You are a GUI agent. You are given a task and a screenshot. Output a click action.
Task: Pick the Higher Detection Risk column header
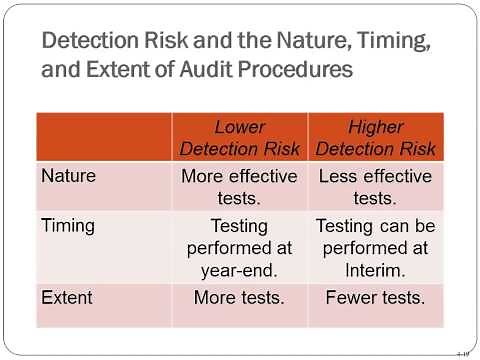click(x=375, y=138)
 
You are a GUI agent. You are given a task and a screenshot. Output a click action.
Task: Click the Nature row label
click(x=69, y=175)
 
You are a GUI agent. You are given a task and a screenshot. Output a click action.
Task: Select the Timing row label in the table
click(x=69, y=225)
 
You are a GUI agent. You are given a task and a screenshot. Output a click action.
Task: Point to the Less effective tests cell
click(x=375, y=187)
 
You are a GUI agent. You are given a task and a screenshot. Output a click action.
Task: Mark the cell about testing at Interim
click(x=375, y=247)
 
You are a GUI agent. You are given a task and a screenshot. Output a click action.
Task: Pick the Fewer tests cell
click(x=375, y=296)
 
